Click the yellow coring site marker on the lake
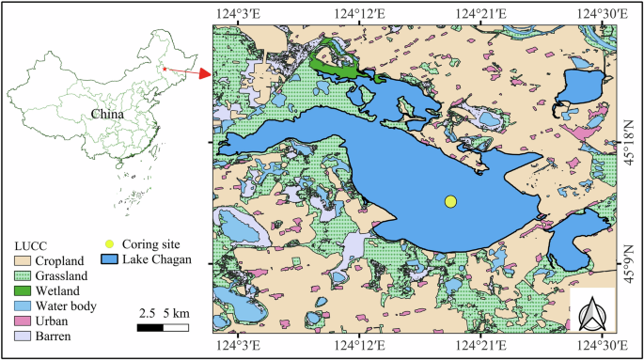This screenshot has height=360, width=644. (450, 201)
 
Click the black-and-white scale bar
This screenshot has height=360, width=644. (163, 327)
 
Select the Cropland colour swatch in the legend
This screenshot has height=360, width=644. (22, 259)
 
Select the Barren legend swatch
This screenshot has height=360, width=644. (22, 335)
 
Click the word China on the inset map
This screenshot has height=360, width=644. (108, 115)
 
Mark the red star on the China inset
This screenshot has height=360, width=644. (165, 69)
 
